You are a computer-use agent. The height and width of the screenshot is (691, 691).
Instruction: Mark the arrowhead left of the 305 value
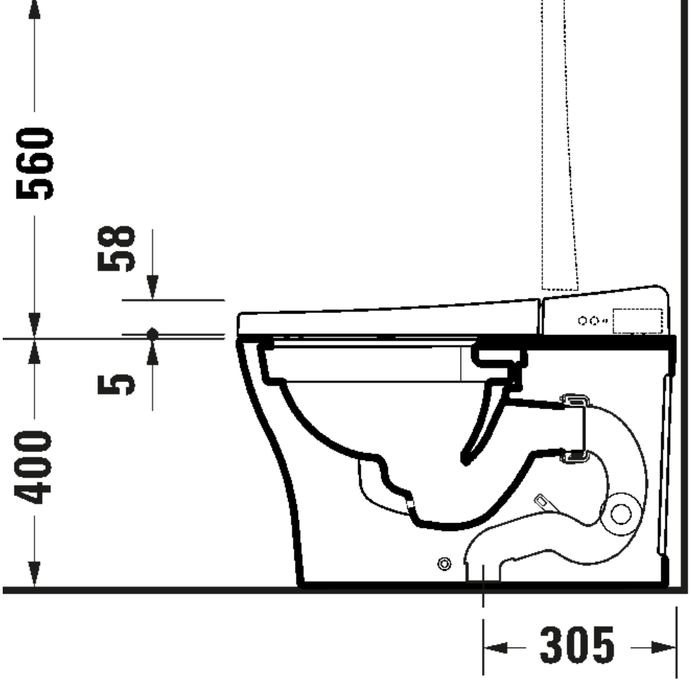coord(497,647)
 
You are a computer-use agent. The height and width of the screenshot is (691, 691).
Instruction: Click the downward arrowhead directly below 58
coord(153,286)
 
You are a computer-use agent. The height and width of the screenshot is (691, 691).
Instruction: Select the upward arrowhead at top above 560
coord(32,8)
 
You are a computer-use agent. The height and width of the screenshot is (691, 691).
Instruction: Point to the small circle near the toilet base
coord(444,564)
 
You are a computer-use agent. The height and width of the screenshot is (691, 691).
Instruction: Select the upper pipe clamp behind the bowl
coord(574,400)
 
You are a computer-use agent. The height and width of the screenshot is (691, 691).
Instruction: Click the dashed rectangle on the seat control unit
coord(637,321)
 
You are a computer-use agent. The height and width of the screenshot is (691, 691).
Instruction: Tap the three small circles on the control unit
coord(591,321)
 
